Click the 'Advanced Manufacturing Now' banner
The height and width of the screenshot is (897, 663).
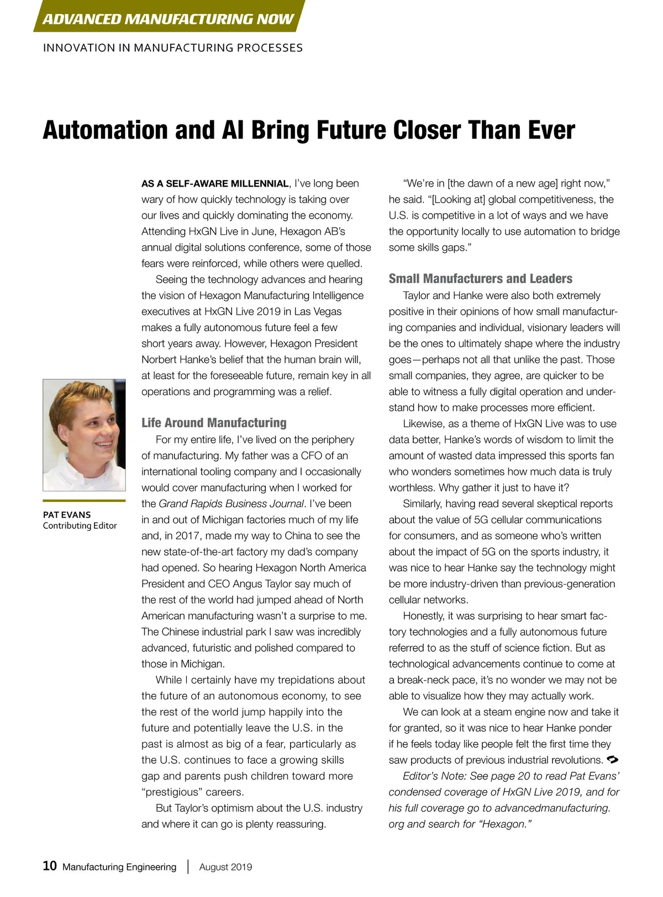(x=168, y=19)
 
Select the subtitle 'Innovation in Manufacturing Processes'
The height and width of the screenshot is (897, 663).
(x=172, y=48)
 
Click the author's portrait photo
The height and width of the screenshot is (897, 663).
(x=84, y=434)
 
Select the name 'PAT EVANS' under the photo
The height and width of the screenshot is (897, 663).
(x=67, y=514)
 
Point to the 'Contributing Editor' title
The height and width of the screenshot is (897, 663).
(x=80, y=526)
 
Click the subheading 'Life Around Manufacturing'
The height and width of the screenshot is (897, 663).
(x=214, y=423)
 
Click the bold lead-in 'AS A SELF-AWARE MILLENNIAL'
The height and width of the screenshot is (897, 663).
(x=215, y=184)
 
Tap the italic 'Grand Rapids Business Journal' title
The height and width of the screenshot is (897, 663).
(x=231, y=503)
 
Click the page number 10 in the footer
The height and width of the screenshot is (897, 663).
(x=50, y=866)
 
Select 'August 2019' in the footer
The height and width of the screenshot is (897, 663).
(x=225, y=867)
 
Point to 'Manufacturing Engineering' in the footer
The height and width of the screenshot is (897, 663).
(x=119, y=867)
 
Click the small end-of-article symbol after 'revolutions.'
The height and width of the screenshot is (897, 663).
(x=612, y=760)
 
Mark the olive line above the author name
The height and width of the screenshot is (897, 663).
(x=84, y=501)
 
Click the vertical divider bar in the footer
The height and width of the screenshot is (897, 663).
(x=188, y=867)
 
